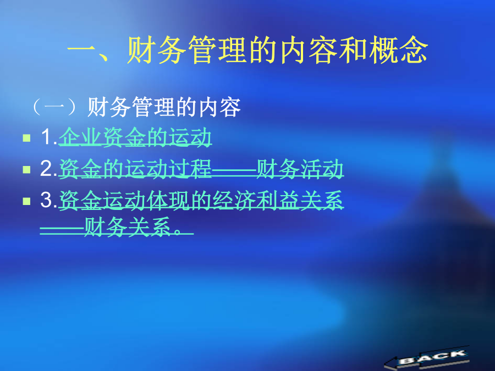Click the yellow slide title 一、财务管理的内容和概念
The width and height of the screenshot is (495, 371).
pyautogui.click(x=248, y=50)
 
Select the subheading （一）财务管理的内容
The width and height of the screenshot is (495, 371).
pyautogui.click(x=136, y=107)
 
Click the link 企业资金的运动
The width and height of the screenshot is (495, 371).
pyautogui.click(x=135, y=137)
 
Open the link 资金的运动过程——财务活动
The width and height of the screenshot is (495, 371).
pyautogui.click(x=201, y=169)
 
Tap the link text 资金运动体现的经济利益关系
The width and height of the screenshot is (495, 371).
pyautogui.click(x=201, y=200)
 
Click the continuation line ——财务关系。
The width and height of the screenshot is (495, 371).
pyautogui.click(x=117, y=226)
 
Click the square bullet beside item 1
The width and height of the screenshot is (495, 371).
pyautogui.click(x=27, y=138)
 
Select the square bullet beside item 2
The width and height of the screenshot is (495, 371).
pyautogui.click(x=27, y=170)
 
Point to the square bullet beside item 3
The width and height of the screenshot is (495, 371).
pyautogui.click(x=27, y=201)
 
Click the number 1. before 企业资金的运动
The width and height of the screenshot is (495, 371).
pyautogui.click(x=49, y=137)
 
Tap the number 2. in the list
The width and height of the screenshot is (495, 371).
pyautogui.click(x=48, y=169)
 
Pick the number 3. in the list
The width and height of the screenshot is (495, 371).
pyautogui.click(x=48, y=200)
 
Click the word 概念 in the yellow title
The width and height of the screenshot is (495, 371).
pyautogui.click(x=399, y=50)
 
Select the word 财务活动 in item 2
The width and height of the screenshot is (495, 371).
pyautogui.click(x=300, y=169)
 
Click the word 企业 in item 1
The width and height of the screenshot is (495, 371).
pyautogui.click(x=80, y=137)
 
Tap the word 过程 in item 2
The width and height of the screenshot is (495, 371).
pyautogui.click(x=190, y=169)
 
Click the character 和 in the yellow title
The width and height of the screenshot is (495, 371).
pyautogui.click(x=354, y=50)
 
